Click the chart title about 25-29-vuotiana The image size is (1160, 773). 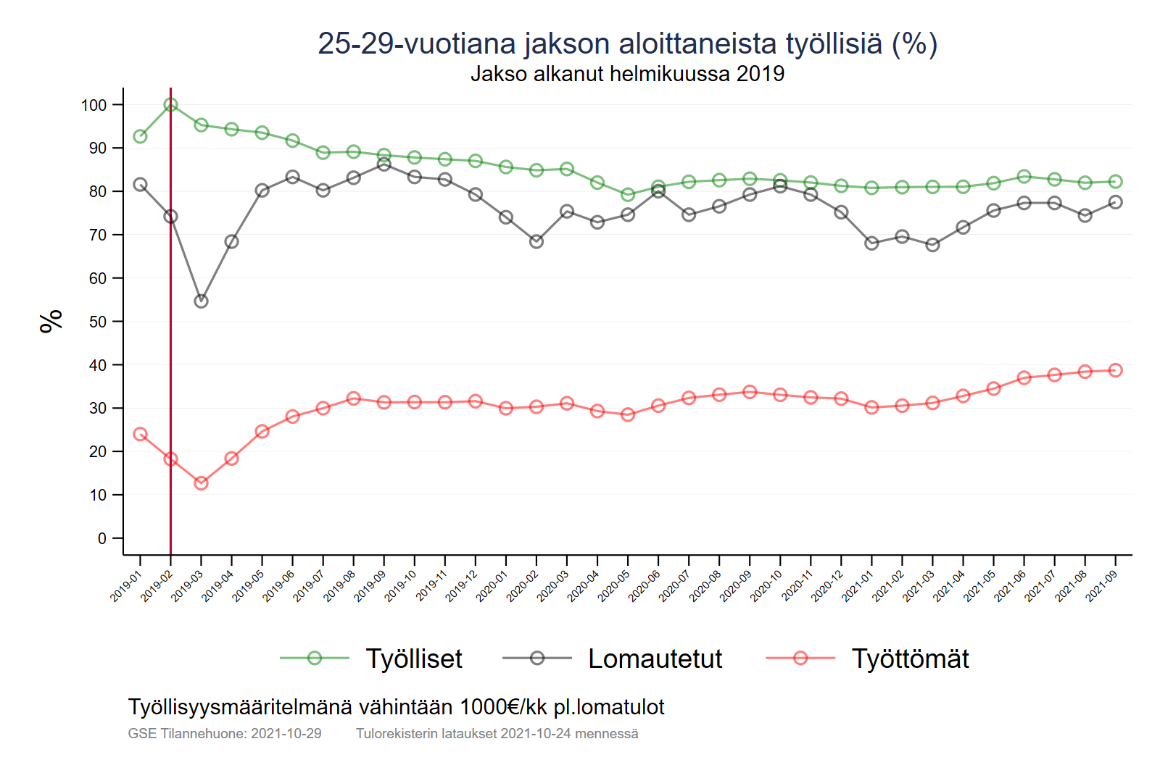click(627, 43)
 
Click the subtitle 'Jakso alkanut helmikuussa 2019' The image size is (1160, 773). click(627, 74)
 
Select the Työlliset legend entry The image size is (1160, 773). click(413, 659)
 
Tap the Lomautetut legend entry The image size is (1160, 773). click(655, 659)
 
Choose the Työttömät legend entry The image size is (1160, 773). click(910, 659)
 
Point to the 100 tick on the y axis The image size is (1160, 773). click(94, 105)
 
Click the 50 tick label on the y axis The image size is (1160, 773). click(98, 322)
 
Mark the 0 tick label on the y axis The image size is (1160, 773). click(102, 538)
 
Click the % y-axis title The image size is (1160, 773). click(51, 321)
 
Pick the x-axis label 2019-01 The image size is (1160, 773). click(125, 586)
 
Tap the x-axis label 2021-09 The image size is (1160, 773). click(1101, 586)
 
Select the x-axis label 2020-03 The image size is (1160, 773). click(552, 586)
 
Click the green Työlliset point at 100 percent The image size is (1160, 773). click(170, 104)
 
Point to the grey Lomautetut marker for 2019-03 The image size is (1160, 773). click(202, 301)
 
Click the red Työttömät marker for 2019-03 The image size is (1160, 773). click(202, 483)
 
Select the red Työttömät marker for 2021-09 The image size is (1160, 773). click(1115, 370)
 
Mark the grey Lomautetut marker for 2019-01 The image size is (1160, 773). click(140, 185)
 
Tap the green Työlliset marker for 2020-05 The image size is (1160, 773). click(628, 195)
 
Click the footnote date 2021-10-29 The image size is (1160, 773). click(286, 734)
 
